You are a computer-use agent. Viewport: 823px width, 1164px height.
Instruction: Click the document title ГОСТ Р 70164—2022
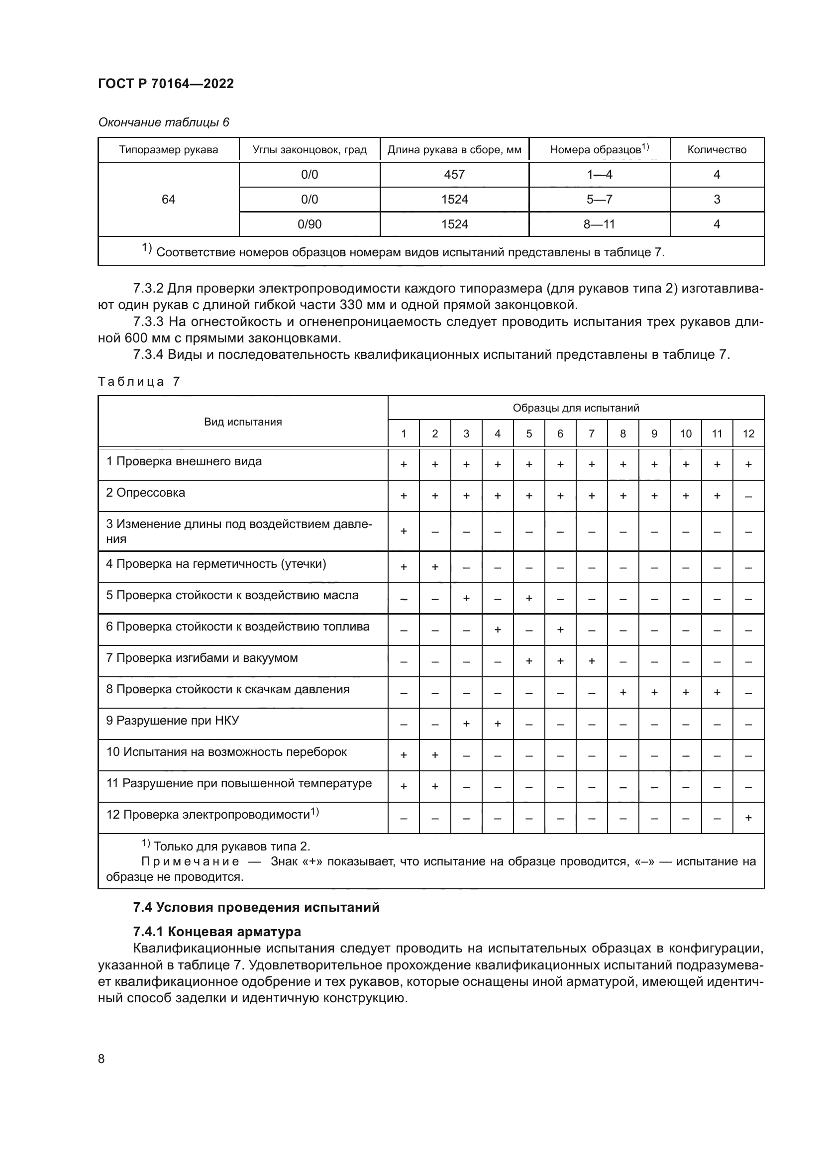(x=166, y=84)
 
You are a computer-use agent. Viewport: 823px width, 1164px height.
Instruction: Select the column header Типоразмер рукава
(x=168, y=150)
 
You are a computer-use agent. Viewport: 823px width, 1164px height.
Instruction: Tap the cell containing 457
(x=454, y=174)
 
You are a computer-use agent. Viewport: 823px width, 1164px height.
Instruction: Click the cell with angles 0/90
(x=309, y=224)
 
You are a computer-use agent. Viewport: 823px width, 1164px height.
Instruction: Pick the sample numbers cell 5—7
(x=599, y=199)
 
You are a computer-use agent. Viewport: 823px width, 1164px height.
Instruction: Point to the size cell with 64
(x=168, y=199)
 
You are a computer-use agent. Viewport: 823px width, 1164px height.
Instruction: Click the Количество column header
(x=717, y=150)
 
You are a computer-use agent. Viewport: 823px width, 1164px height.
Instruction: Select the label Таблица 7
(x=139, y=382)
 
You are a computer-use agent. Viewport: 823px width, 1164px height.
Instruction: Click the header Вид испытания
(x=243, y=422)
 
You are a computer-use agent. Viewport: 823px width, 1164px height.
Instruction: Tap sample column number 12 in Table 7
(x=748, y=433)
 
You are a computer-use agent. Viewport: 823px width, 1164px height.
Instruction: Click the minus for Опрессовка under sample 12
(x=748, y=496)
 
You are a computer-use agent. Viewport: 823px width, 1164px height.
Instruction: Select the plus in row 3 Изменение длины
(x=404, y=531)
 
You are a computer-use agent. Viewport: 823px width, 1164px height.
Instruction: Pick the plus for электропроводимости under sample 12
(x=748, y=818)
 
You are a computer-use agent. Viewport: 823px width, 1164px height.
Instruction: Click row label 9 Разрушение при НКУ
(x=172, y=721)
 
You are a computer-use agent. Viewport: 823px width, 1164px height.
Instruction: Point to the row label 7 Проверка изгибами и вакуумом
(x=202, y=657)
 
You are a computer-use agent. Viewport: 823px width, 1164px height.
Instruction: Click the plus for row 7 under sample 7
(x=591, y=661)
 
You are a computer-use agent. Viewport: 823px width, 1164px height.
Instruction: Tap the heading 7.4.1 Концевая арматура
(x=217, y=932)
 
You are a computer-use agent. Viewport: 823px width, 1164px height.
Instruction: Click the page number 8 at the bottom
(x=102, y=1058)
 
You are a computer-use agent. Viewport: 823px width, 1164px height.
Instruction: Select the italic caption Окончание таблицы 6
(x=163, y=122)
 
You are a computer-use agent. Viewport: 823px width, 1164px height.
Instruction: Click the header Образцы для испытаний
(x=576, y=408)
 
